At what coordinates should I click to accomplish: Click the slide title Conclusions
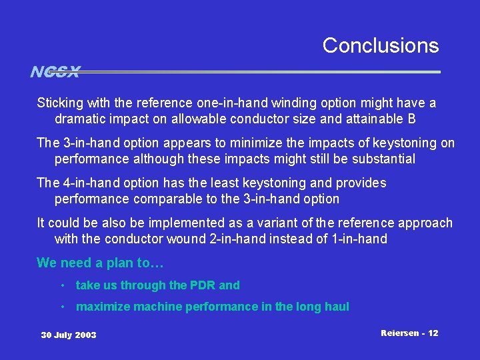pyautogui.click(x=381, y=45)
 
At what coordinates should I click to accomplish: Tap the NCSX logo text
pyautogui.click(x=55, y=71)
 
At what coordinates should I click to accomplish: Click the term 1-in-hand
pyautogui.click(x=359, y=239)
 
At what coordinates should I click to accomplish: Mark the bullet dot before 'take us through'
pyautogui.click(x=61, y=285)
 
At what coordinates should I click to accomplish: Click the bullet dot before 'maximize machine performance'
pyautogui.click(x=61, y=307)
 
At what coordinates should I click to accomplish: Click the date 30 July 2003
pyautogui.click(x=69, y=335)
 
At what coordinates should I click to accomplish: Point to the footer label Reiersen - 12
pyautogui.click(x=409, y=333)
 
